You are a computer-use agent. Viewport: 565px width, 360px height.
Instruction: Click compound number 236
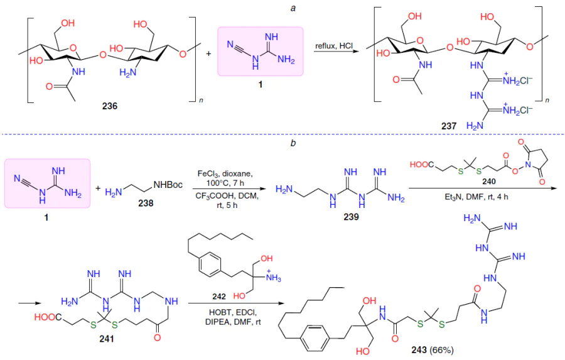pyautogui.click(x=109, y=106)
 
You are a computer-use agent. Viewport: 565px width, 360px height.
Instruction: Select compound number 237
pyautogui.click(x=449, y=126)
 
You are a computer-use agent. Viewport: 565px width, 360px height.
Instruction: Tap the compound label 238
pyautogui.click(x=146, y=203)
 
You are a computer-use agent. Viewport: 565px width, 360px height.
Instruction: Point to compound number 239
pyautogui.click(x=352, y=217)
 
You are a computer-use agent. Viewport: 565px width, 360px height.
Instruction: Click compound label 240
pyautogui.click(x=489, y=182)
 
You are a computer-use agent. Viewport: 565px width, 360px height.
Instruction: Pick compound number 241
pyautogui.click(x=107, y=339)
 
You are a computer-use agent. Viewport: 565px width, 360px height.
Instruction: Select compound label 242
pyautogui.click(x=219, y=297)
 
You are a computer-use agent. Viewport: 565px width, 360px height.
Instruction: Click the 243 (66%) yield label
pyautogui.click(x=433, y=350)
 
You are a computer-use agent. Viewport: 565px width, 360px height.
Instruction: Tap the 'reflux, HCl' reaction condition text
pyautogui.click(x=335, y=46)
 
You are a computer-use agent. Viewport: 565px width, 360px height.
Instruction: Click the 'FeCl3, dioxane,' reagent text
pyautogui.click(x=225, y=174)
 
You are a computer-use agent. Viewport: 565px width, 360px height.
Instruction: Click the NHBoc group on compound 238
pyautogui.click(x=168, y=185)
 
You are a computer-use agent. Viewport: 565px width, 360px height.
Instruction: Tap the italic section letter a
pyautogui.click(x=293, y=8)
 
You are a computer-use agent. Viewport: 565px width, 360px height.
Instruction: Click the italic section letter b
pyautogui.click(x=293, y=143)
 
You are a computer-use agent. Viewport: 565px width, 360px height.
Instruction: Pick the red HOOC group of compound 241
pyautogui.click(x=48, y=317)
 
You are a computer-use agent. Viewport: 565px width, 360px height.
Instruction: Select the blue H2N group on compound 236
pyautogui.click(x=128, y=72)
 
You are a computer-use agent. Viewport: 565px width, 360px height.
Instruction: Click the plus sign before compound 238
pyautogui.click(x=99, y=188)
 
